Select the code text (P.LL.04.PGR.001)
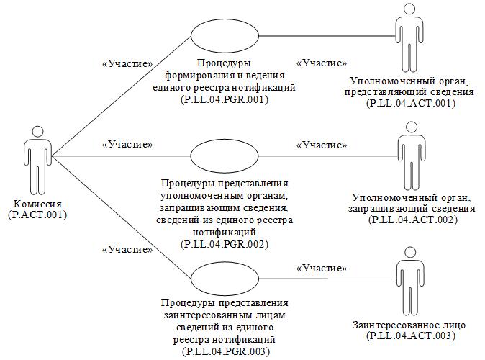pos(225,100)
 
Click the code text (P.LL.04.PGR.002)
pos(225,244)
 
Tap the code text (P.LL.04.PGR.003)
pos(225,351)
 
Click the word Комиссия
pos(37,204)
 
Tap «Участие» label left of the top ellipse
pos(128,63)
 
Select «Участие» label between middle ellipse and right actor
pos(322,145)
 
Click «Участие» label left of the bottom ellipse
pos(127,250)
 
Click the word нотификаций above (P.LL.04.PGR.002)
pos(225,233)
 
